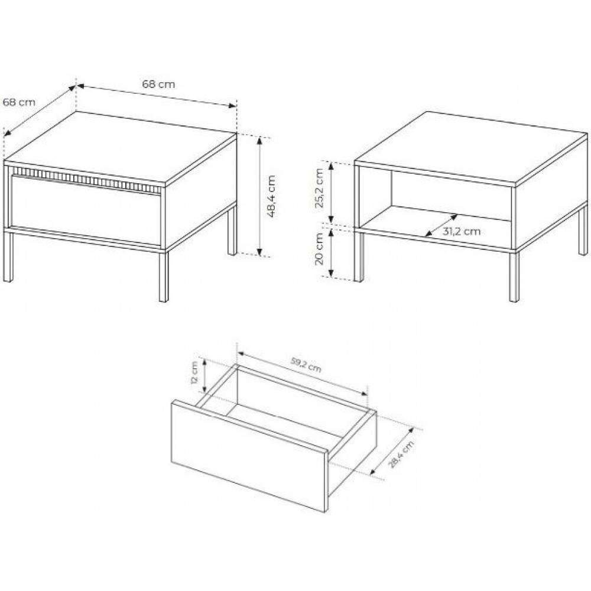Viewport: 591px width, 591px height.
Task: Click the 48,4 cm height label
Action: point(271,196)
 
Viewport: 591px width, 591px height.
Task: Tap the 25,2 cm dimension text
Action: point(320,188)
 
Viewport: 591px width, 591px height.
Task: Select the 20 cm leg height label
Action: point(320,249)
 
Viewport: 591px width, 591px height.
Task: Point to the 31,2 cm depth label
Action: point(462,231)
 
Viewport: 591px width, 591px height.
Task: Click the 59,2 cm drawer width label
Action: point(306,365)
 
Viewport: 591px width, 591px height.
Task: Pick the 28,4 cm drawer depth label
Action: point(401,454)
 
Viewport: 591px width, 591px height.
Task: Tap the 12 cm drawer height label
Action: point(194,372)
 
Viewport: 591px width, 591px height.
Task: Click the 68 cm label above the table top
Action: point(158,84)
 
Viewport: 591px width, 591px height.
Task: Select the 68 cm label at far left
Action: point(19,102)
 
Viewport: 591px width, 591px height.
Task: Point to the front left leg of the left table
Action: point(8,256)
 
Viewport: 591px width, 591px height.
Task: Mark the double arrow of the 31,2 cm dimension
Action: point(441,225)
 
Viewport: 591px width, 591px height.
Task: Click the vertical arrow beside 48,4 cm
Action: point(259,196)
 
